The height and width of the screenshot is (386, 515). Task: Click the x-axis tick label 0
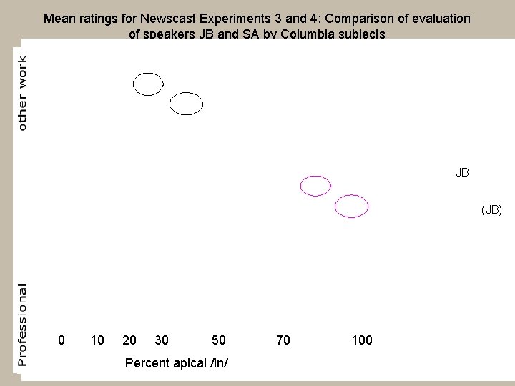(62, 340)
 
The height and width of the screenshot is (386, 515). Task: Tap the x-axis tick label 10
(97, 340)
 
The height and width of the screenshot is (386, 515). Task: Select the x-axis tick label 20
(129, 340)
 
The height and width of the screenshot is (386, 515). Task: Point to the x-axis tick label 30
(162, 340)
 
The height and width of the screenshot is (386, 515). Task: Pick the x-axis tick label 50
(219, 340)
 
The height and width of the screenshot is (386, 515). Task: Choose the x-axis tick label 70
(283, 340)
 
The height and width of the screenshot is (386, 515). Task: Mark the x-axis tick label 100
(362, 340)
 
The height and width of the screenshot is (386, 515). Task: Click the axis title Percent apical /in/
(177, 362)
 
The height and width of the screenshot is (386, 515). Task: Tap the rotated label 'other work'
(22, 93)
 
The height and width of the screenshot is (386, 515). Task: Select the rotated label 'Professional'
(22, 325)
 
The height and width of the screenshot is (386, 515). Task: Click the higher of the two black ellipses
(148, 84)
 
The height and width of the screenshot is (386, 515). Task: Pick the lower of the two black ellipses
(186, 104)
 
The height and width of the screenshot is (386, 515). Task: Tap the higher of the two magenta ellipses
(315, 186)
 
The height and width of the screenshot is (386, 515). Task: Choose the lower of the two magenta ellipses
(351, 206)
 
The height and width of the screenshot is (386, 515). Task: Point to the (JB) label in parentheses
(491, 209)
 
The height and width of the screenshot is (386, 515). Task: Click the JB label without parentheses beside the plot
(462, 172)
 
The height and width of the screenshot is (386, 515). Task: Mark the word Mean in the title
(58, 19)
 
